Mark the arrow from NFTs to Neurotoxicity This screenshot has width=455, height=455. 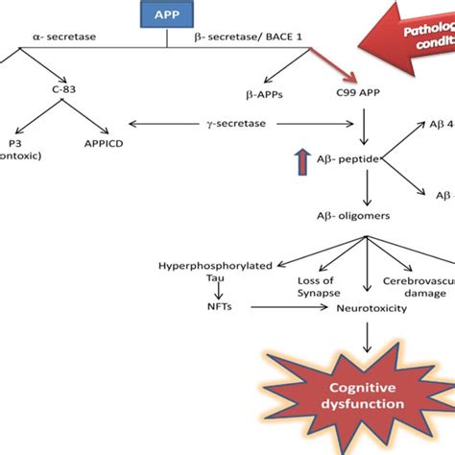[x=276, y=307]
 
